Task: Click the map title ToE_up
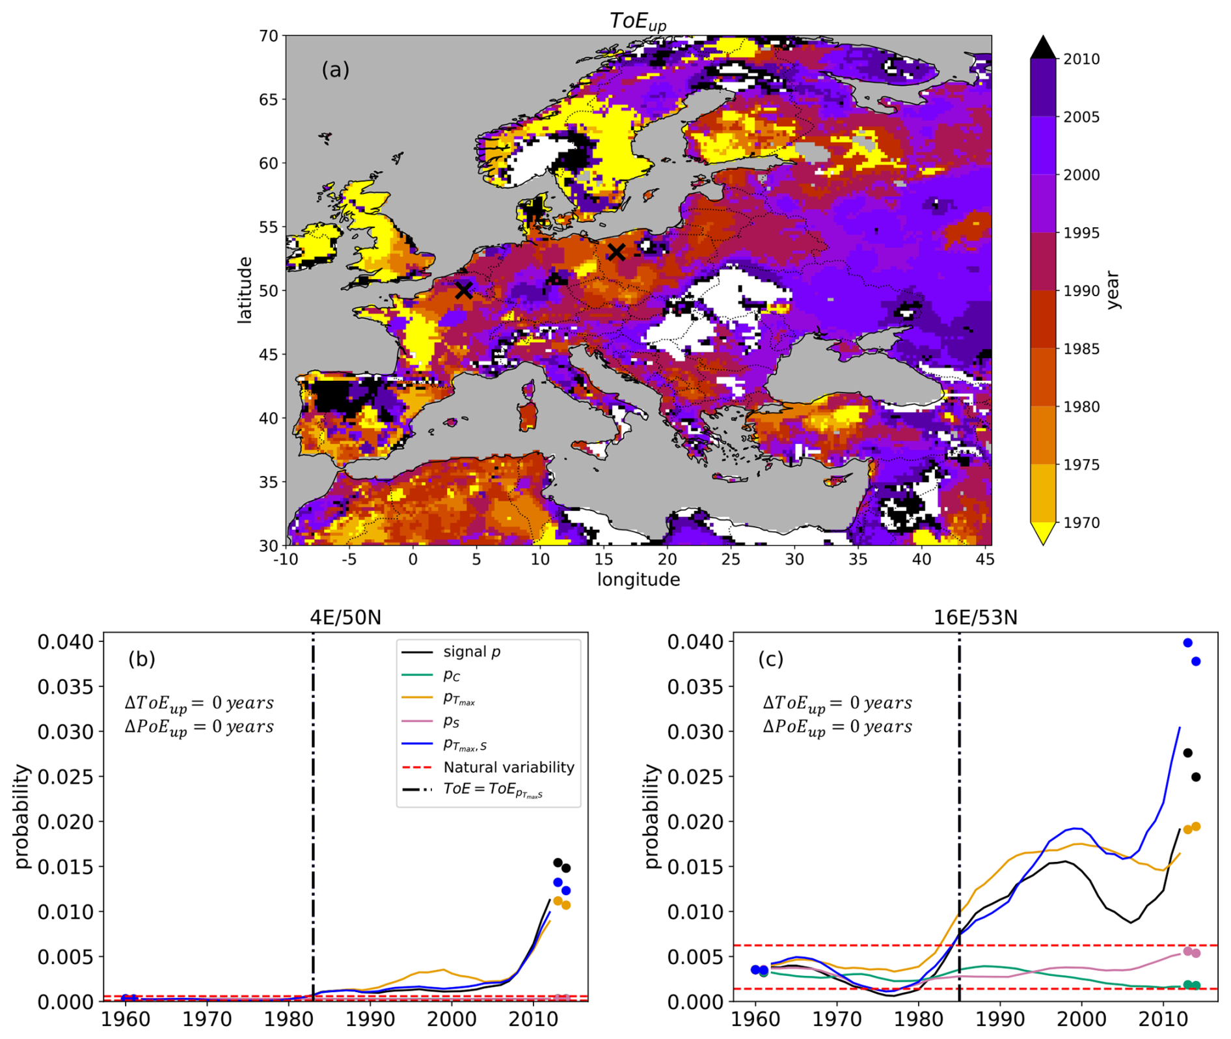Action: point(638,21)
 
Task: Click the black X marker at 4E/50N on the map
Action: point(463,290)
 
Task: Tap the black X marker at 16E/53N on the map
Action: point(616,252)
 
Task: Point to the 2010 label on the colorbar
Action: point(1081,59)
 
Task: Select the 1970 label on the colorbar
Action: point(1081,523)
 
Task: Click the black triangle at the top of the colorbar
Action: point(1043,48)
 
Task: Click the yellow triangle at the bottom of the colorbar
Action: point(1043,533)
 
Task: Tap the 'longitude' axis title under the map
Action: point(638,579)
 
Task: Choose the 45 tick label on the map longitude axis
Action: point(985,559)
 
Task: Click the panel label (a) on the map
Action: point(335,69)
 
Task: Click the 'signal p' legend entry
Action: point(472,652)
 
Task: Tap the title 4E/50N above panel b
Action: point(345,617)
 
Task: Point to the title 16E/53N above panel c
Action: point(975,617)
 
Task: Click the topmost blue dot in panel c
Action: point(1187,643)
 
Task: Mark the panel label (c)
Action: point(770,659)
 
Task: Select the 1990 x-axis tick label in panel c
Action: point(999,1019)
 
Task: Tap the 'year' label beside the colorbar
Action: point(1112,290)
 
